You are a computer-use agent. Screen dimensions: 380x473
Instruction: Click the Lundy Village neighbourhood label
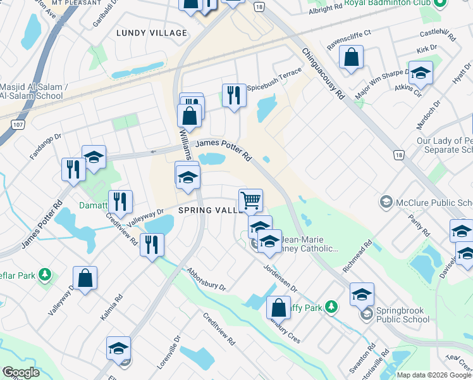coord(152,33)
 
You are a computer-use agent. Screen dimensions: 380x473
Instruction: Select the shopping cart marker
coord(251,201)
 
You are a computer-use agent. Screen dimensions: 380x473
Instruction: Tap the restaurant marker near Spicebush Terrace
coord(234,96)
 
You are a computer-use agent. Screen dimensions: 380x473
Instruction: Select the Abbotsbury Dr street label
coord(206,279)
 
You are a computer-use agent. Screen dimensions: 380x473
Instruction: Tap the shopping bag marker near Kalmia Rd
coord(85,278)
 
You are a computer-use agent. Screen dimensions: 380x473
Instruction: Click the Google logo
coord(20,372)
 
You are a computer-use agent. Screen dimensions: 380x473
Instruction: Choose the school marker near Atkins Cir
coord(421,73)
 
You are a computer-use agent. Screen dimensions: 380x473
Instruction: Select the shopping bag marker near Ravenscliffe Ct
coord(351,57)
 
